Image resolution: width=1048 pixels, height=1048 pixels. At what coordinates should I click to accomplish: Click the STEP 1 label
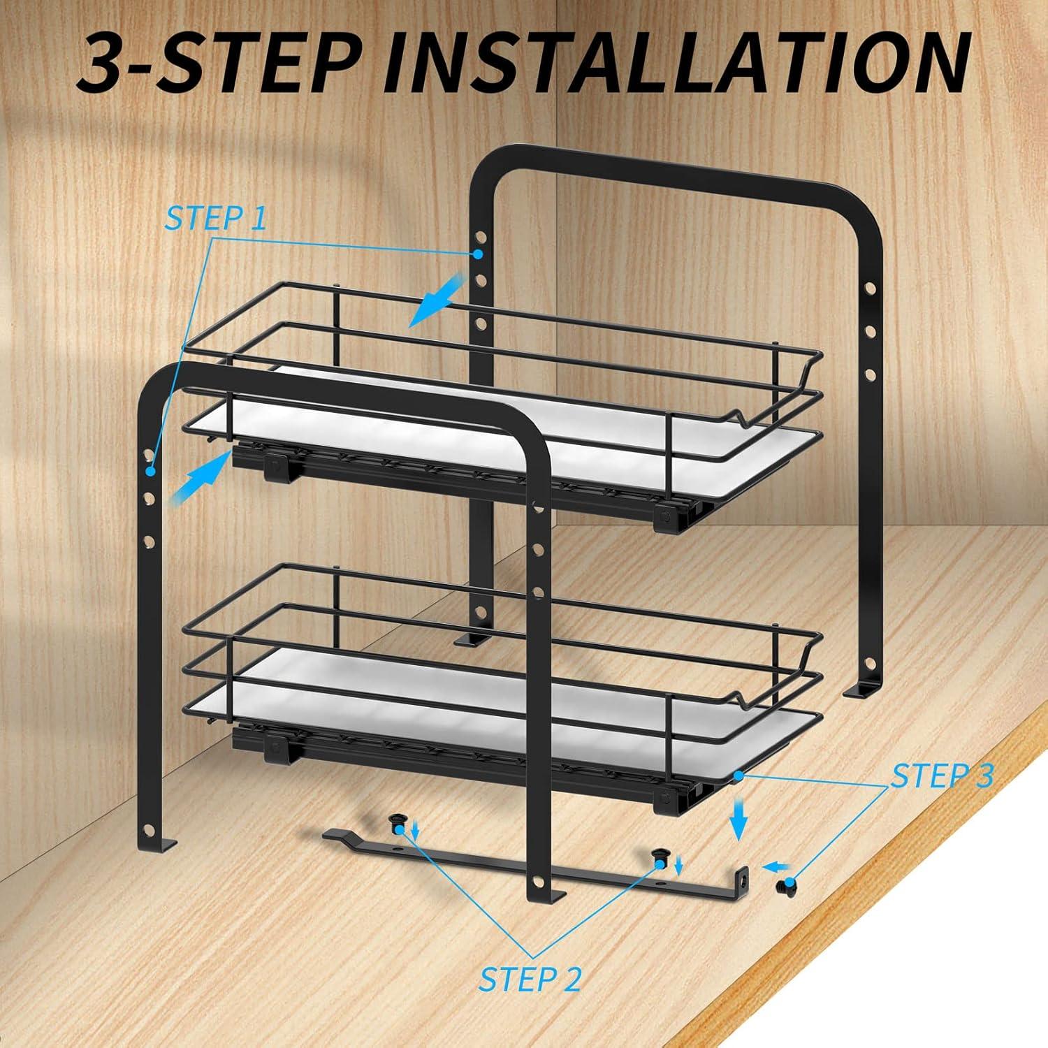215,218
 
